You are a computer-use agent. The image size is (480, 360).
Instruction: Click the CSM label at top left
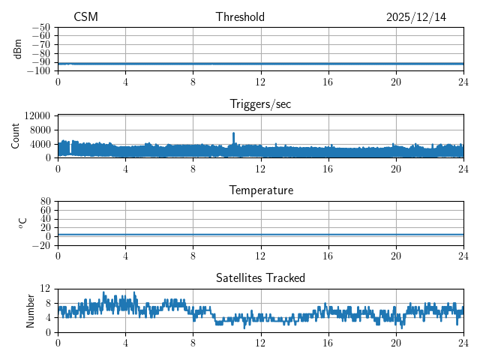(85, 17)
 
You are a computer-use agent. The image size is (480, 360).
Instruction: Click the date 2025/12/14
(415, 17)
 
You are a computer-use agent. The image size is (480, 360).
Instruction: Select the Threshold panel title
(240, 17)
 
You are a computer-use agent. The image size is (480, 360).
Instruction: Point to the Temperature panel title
(260, 191)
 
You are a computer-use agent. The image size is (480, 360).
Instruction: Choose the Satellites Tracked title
(260, 278)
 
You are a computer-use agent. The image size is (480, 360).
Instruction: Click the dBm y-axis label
(18, 49)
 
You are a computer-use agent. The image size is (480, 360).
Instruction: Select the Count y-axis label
(15, 136)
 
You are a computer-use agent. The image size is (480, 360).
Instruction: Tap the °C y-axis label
(22, 223)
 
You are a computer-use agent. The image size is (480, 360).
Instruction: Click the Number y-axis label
(30, 310)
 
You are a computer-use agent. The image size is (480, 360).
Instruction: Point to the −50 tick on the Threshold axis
(41, 27)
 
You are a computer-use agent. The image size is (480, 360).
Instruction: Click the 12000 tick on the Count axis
(37, 116)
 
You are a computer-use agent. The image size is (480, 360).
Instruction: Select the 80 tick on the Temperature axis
(45, 202)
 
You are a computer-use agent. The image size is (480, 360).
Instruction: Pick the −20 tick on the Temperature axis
(41, 245)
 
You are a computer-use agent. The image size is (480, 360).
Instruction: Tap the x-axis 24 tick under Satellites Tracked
(463, 343)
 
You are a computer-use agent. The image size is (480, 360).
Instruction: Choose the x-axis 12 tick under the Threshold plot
(260, 82)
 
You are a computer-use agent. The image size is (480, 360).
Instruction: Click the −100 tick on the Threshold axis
(39, 70)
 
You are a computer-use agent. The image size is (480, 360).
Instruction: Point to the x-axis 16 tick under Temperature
(328, 256)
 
